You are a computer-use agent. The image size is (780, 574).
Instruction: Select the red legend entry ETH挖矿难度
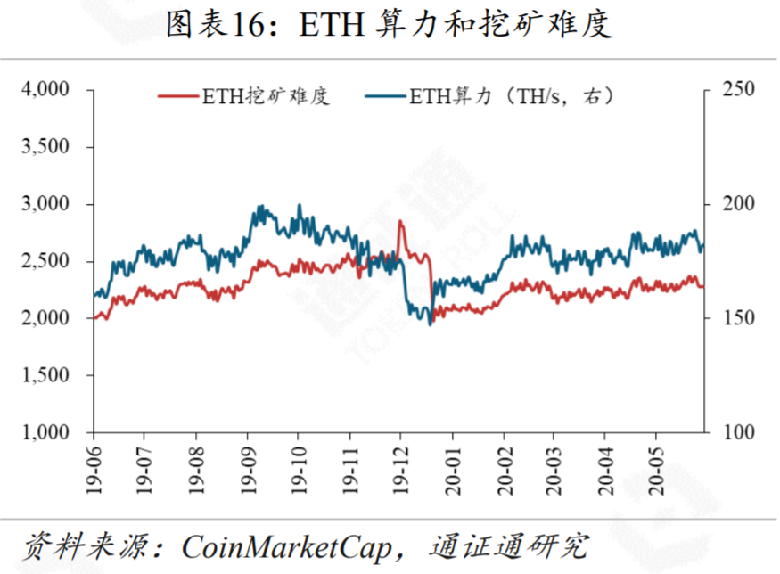(244, 97)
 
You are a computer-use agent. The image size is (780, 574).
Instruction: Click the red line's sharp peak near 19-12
(400, 221)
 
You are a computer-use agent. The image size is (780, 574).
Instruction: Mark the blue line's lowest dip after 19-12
(430, 324)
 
